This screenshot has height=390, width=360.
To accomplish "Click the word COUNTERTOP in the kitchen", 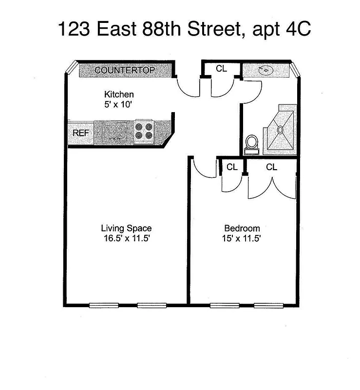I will tap(125, 70).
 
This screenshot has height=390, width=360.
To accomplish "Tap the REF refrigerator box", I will tap(79, 133).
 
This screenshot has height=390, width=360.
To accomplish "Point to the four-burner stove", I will tap(145, 132).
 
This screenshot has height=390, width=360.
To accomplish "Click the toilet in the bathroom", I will tap(252, 144).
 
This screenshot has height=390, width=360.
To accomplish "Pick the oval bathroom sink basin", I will tap(266, 71).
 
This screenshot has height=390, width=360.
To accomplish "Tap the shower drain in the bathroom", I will tap(281, 130).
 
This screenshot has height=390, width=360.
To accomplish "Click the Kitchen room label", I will tap(119, 94).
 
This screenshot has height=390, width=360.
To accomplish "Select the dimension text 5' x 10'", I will tap(119, 104).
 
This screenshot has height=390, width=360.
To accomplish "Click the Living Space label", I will tap(126, 228).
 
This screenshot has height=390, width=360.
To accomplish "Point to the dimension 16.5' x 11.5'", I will tap(126, 238).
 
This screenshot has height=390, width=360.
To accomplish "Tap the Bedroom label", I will tap(242, 228).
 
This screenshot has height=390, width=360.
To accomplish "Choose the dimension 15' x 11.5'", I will tap(242, 238).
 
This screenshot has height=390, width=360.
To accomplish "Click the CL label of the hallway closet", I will tap(221, 69).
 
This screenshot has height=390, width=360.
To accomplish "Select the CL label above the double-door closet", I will tap(271, 167).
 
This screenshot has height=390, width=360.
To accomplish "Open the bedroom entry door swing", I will tap(204, 168).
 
